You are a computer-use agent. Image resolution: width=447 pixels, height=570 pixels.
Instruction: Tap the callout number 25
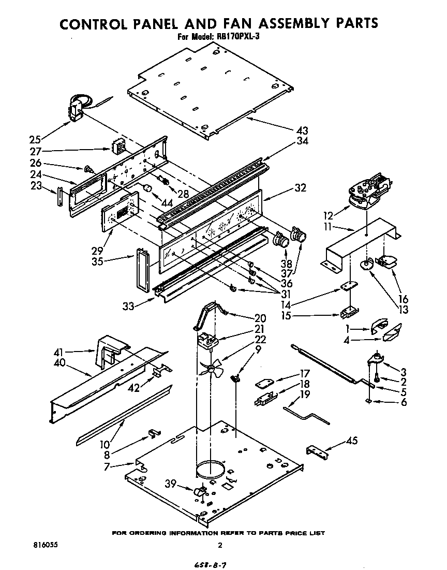[x=35, y=139]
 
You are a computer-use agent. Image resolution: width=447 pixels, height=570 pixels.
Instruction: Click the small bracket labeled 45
[x=317, y=451]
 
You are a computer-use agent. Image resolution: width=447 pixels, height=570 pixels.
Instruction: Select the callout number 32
[x=301, y=188]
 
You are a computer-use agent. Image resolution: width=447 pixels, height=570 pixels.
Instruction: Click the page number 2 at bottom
[x=220, y=545]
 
